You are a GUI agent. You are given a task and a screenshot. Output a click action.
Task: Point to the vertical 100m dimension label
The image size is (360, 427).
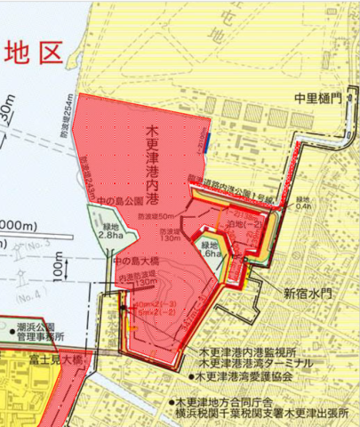point(55,263)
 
